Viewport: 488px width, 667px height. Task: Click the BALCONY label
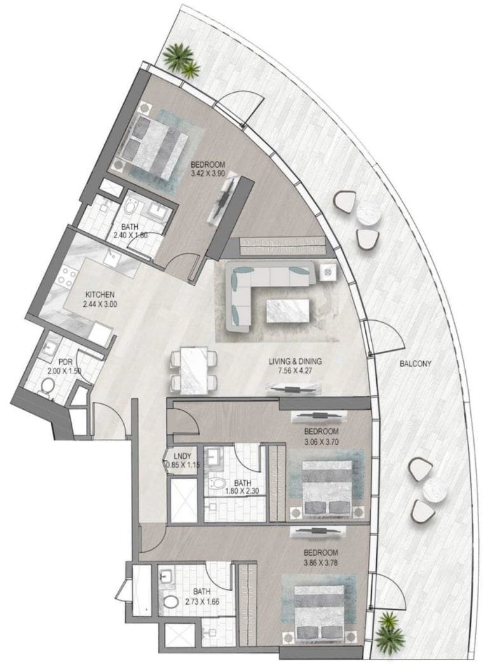(x=416, y=364)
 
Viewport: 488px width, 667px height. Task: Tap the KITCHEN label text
(x=100, y=295)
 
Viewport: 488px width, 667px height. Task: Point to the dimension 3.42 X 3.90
(x=208, y=172)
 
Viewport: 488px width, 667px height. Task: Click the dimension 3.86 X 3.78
(x=320, y=562)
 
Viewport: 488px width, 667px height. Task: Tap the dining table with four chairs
(x=194, y=369)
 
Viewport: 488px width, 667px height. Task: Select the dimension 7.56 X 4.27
(x=295, y=371)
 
